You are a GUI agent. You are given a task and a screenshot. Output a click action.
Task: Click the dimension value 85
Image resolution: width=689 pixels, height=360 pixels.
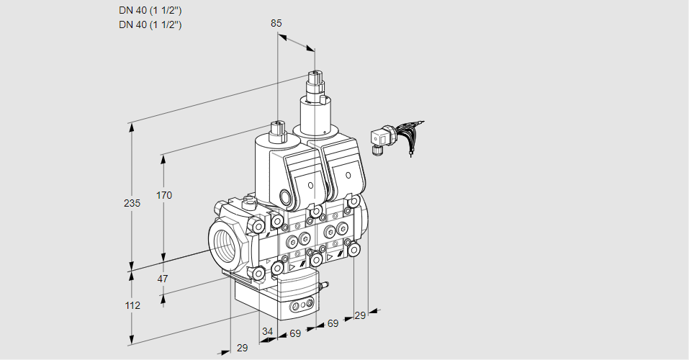point(276,23)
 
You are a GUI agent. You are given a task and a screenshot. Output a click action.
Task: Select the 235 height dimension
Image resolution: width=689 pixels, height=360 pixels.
point(132,204)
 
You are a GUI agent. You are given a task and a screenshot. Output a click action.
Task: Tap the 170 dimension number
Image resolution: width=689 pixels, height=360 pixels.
point(164,195)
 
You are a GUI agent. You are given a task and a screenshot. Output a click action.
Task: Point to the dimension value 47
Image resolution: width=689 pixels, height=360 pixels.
point(163,279)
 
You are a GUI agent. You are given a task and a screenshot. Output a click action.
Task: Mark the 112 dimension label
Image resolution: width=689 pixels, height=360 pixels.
point(132,305)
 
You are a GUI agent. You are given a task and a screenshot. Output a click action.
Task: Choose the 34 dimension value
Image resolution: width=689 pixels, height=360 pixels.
point(268,331)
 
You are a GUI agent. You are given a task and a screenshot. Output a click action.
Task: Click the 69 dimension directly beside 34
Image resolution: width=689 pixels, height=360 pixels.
point(295,334)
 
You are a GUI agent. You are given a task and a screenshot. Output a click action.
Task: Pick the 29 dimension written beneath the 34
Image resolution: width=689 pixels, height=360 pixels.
point(243,348)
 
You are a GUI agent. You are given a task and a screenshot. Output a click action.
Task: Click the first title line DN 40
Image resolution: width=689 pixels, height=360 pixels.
point(150,11)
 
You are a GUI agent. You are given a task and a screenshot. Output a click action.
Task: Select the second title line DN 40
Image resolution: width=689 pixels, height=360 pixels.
point(150,24)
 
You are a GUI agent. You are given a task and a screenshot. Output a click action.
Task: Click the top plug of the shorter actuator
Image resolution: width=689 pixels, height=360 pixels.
point(276,129)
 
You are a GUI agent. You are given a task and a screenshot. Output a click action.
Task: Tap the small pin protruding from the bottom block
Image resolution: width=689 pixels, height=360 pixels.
point(325,287)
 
